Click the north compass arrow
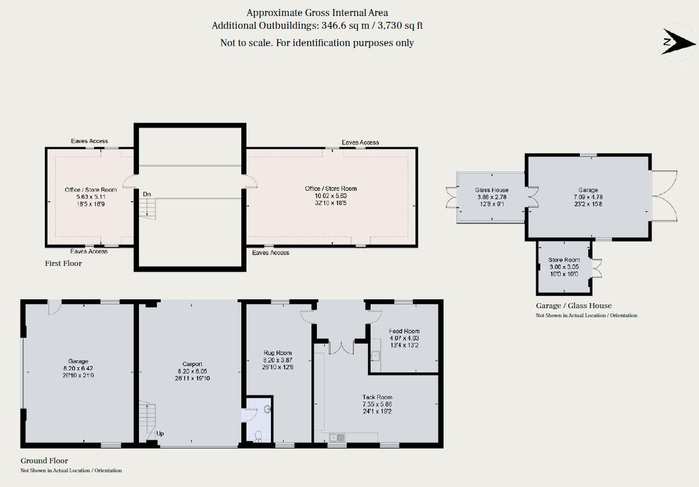coord(677,42)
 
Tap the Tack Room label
coord(377,397)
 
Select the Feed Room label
coord(404,331)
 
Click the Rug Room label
coord(278,353)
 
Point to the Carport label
coord(192,364)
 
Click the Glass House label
coord(492,190)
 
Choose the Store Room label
coord(563,260)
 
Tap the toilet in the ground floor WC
coord(258,437)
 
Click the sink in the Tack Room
coord(337,438)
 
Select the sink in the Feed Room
coord(376,356)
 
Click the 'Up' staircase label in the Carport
coord(160,434)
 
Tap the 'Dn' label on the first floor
coord(147,194)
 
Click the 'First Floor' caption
coord(63,263)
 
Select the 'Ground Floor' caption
coord(44,461)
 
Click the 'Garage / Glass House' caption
coord(574,306)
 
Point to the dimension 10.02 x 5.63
coord(330,196)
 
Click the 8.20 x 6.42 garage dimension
coord(78,368)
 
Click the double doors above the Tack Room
coord(340,346)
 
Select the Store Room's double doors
coord(597,268)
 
